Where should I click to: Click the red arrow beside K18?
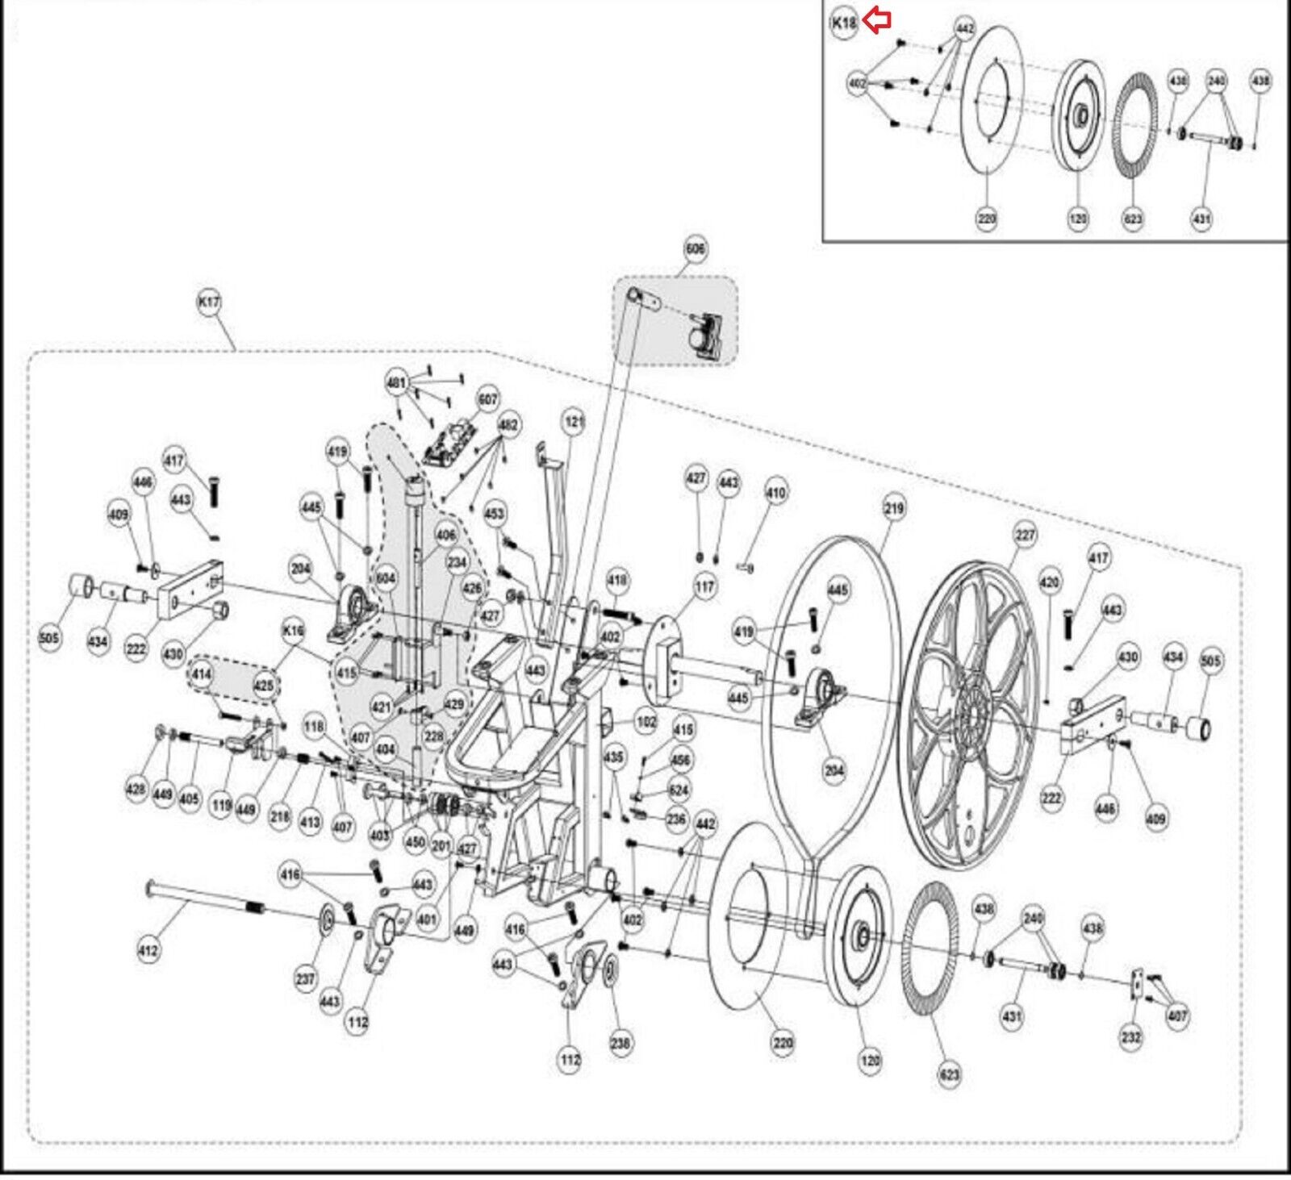(x=877, y=21)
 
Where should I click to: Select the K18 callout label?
(x=844, y=23)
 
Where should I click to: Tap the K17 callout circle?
(x=209, y=302)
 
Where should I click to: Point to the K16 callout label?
(x=293, y=630)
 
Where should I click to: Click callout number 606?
(x=695, y=248)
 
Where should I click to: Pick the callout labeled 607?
(x=488, y=399)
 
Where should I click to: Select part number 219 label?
(x=894, y=508)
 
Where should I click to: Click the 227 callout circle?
(x=1025, y=535)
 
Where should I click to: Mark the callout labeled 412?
(x=148, y=950)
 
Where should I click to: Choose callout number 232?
(x=1131, y=1037)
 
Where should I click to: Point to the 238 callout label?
(x=620, y=1043)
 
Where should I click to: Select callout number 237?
(x=305, y=979)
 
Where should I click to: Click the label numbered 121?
(x=574, y=422)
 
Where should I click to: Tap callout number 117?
(x=704, y=587)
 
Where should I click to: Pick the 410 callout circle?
(x=775, y=492)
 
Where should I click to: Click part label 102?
(x=645, y=721)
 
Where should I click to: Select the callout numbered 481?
(x=396, y=382)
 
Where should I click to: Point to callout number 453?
(x=495, y=513)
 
